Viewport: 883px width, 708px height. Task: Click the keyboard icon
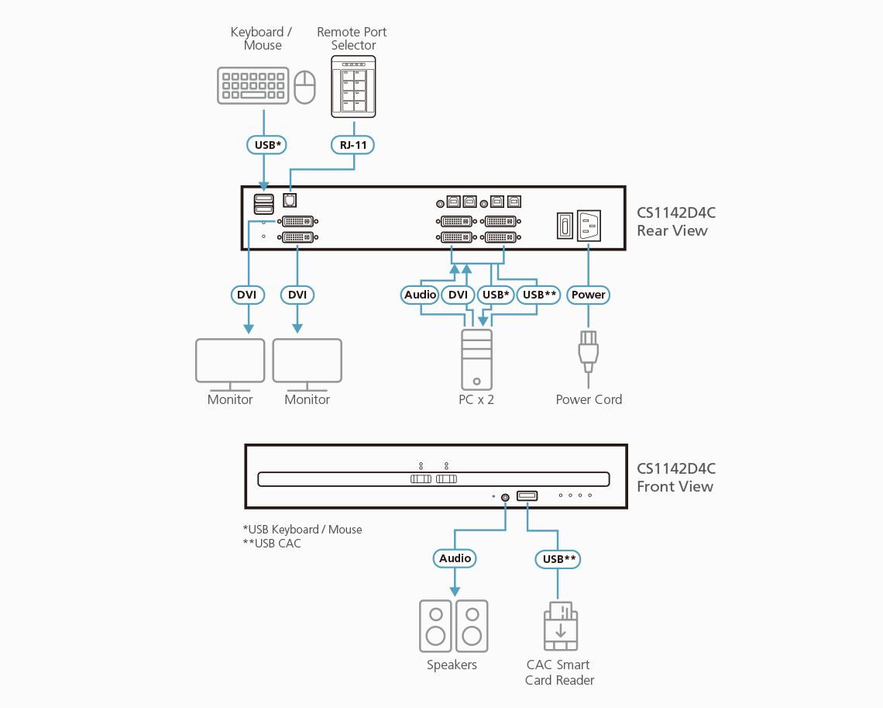(253, 85)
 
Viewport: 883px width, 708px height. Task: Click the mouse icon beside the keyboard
(305, 86)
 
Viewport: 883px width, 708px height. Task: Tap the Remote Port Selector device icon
(353, 86)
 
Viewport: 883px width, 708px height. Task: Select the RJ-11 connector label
(354, 144)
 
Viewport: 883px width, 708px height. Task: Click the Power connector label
(589, 295)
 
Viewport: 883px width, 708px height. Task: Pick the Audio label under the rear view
(421, 295)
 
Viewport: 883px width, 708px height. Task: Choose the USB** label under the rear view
(539, 295)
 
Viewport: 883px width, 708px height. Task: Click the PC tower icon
(476, 359)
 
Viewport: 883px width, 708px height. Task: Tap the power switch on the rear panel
(565, 226)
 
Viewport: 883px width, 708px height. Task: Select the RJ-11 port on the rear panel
(290, 201)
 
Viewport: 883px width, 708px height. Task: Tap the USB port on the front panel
(527, 496)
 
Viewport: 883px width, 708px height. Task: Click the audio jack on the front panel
(506, 497)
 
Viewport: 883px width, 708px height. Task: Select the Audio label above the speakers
(455, 558)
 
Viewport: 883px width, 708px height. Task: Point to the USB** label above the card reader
(558, 558)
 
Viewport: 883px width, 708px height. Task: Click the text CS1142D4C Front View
(675, 478)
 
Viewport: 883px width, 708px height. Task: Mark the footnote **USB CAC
(272, 544)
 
